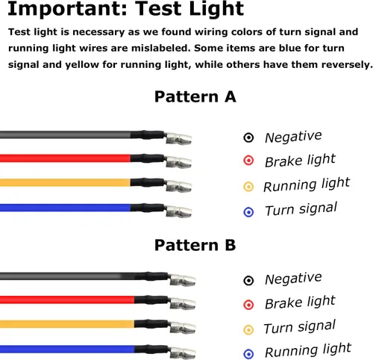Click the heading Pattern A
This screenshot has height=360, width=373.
(195, 96)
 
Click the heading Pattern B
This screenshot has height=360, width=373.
(195, 245)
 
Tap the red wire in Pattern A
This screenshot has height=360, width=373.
(65, 158)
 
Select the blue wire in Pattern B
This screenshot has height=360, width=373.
(67, 349)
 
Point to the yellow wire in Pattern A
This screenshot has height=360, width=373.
(65, 183)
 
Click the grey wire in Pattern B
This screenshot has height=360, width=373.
(67, 276)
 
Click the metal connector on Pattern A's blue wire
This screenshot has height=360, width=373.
(178, 212)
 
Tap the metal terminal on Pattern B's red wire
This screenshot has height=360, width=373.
(183, 304)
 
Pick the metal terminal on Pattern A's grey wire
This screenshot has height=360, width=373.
(178, 139)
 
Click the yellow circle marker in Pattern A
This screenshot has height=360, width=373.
(248, 187)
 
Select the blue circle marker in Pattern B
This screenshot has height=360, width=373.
(248, 354)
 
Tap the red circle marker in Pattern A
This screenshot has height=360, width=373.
(248, 161)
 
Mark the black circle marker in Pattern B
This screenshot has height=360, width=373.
(248, 281)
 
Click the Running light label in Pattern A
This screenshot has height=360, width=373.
(307, 184)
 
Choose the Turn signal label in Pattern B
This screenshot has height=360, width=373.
(300, 327)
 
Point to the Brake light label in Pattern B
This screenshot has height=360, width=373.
(300, 302)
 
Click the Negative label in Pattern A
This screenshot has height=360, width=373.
(293, 137)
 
